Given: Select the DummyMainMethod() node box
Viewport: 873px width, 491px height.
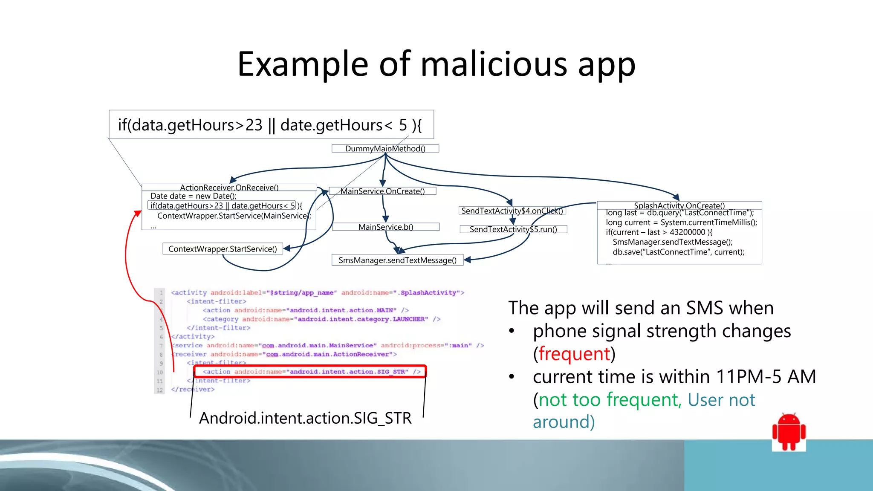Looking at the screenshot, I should [x=385, y=148].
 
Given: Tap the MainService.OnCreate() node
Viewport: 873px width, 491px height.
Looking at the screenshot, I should [x=382, y=191].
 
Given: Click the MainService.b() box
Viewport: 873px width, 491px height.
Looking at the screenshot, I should [x=385, y=227].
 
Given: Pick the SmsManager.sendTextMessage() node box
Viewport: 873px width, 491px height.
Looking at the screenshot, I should [x=397, y=260].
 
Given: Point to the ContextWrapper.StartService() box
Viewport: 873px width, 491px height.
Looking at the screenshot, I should [x=223, y=249].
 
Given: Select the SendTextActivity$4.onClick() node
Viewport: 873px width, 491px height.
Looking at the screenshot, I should [x=512, y=211].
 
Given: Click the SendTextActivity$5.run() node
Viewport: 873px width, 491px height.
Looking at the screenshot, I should [x=513, y=229].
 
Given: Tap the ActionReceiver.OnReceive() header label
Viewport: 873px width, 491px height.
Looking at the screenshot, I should [x=229, y=188].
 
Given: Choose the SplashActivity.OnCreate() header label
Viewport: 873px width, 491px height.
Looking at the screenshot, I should [x=679, y=205].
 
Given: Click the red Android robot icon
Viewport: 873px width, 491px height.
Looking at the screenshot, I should [x=789, y=431].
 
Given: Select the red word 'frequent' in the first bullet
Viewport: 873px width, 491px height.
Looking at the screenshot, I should [x=574, y=354].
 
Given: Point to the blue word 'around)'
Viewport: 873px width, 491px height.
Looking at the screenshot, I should [x=564, y=422].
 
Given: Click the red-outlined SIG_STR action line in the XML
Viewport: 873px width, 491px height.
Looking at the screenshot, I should [x=310, y=372].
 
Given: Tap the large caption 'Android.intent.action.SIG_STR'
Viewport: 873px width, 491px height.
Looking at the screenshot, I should [x=305, y=418].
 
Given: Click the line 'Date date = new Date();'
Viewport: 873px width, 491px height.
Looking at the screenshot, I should [x=194, y=196].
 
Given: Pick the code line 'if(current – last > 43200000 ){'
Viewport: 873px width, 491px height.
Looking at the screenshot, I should [x=659, y=232].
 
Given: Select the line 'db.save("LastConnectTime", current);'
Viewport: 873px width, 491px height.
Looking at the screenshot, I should [x=679, y=252].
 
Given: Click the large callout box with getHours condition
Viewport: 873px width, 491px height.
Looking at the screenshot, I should [x=271, y=125].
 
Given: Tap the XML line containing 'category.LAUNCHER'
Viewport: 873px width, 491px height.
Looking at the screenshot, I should [x=321, y=319].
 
